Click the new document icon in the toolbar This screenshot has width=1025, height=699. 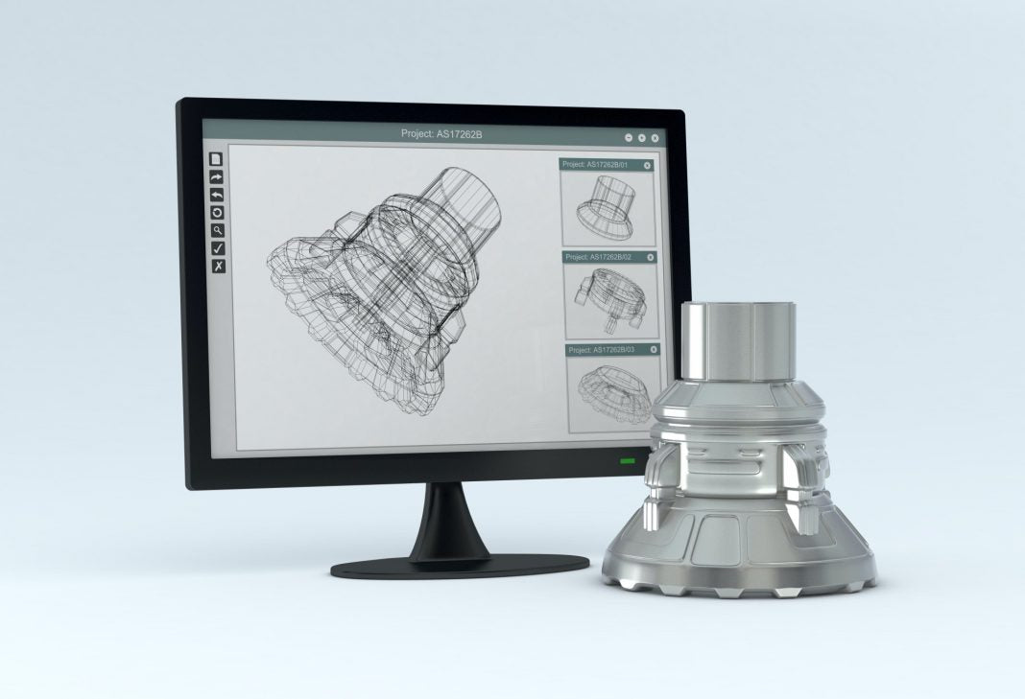pos(217,159)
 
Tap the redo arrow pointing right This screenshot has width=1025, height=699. pos(217,177)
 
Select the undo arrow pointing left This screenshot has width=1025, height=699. pos(217,195)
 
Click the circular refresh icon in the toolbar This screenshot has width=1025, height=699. pos(217,212)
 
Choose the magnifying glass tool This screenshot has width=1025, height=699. pos(218,230)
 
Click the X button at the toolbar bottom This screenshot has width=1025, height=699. pos(218,266)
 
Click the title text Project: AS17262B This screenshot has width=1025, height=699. pos(441,133)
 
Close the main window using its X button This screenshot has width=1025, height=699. pos(655,138)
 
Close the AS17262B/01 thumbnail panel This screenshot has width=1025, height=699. pos(647,165)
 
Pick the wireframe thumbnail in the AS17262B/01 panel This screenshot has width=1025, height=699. pos(608,208)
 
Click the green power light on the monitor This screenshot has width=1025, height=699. pos(628,462)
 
